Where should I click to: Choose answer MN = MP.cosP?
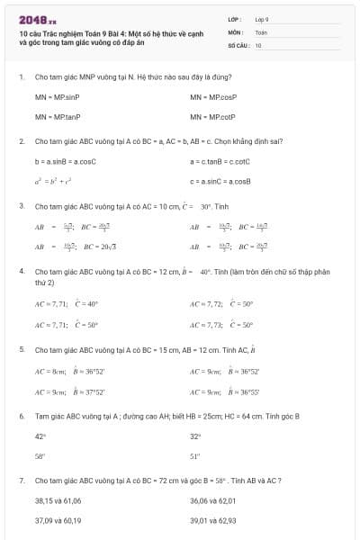point(213,96)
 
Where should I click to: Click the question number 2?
point(22,141)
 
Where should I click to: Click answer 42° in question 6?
point(40,436)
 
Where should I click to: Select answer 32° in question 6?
point(194,436)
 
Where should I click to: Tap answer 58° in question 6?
point(40,456)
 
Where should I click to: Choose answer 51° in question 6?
point(194,456)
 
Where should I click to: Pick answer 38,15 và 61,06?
point(58,500)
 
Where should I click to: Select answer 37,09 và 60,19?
point(58,520)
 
